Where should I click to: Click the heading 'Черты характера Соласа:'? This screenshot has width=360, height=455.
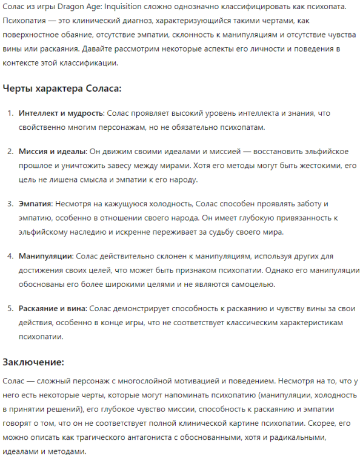tap(62, 89)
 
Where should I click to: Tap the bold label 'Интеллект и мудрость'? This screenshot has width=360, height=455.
tap(61, 113)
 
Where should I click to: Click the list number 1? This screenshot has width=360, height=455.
tap(10, 113)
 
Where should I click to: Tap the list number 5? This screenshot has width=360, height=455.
tap(10, 309)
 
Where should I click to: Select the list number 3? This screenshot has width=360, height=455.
tap(10, 204)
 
